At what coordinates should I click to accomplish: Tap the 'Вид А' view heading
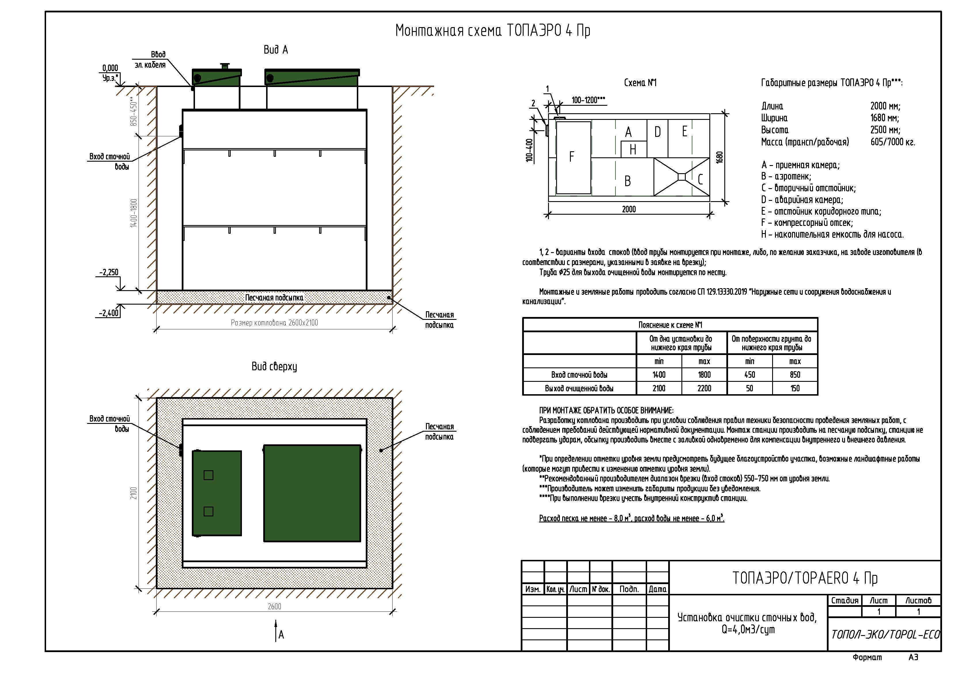[276, 50]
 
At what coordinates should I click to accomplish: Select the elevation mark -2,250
[109, 272]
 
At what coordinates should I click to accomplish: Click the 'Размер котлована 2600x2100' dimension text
[274, 323]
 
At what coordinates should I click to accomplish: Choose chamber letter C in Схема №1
[700, 180]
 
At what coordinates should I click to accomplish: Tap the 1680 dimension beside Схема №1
[720, 157]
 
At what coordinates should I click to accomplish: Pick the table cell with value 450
[750, 375]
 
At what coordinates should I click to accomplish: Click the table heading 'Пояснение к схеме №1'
[670, 325]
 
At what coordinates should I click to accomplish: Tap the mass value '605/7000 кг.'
[893, 142]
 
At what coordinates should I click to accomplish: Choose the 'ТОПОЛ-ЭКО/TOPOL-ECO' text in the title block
[885, 635]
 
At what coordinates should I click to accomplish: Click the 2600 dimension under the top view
[274, 606]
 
